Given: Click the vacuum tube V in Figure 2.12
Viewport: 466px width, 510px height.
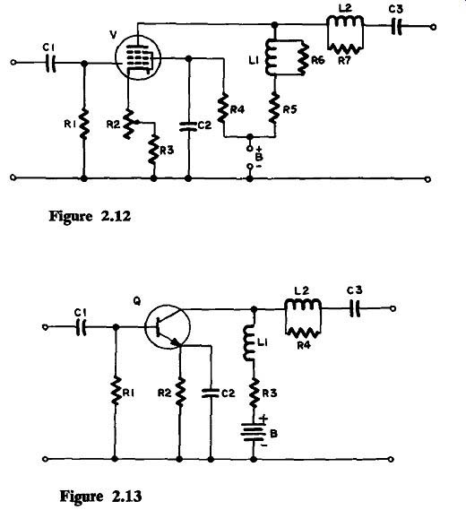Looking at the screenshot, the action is coord(138,58).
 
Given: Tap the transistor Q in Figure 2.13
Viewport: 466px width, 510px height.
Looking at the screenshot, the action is coord(168,327).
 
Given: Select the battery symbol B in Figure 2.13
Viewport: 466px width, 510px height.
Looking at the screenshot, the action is coord(254,433).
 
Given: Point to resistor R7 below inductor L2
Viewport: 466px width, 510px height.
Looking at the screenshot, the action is coord(345,48).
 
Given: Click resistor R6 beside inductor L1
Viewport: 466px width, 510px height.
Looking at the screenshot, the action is coord(303,58).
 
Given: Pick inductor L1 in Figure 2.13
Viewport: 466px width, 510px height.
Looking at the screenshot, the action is coord(249,342).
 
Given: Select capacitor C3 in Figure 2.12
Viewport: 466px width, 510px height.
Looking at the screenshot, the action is coord(396,27).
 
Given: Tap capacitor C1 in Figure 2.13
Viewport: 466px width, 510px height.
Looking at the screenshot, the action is coord(81,327).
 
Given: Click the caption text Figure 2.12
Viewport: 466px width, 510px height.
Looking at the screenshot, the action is coord(90,216).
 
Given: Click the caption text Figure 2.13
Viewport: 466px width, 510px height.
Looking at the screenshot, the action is coord(100,497).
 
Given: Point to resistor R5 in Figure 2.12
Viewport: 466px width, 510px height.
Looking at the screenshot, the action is coord(275,109).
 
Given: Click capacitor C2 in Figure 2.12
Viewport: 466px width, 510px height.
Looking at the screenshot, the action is coord(188,126).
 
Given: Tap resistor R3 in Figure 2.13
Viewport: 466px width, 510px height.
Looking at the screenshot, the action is coord(254,393).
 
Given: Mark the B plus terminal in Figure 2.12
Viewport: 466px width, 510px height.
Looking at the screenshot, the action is coord(250,148).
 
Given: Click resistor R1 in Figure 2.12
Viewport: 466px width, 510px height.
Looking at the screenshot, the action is coord(84,124).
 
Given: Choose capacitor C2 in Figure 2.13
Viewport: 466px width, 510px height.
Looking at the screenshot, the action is coord(211,393).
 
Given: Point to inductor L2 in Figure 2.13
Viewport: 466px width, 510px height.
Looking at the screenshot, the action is coord(303,305).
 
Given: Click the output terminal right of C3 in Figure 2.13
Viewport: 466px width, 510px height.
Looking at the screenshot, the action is coord(393,308).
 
